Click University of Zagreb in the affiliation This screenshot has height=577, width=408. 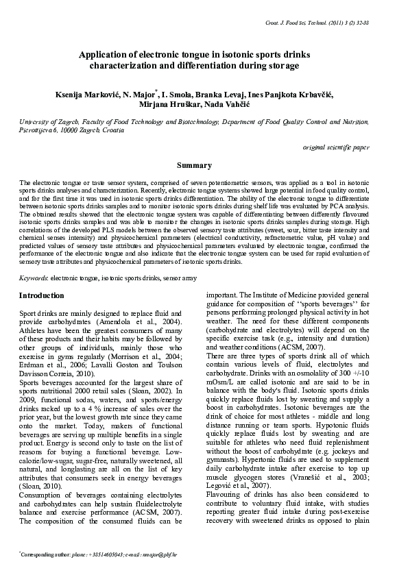[45, 121]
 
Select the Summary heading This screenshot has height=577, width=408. [194, 166]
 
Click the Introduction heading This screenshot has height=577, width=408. [42, 296]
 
